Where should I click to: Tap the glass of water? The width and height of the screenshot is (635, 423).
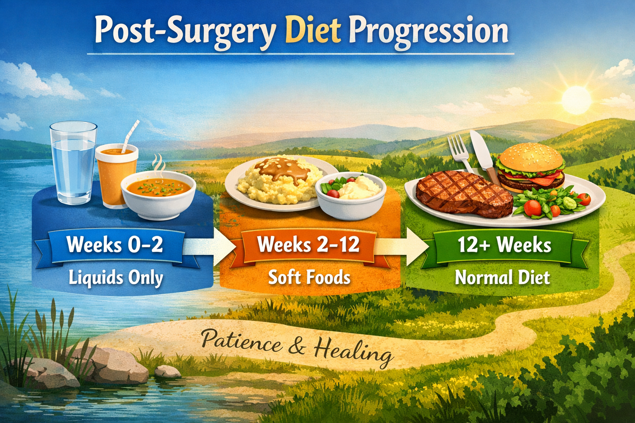(74, 163)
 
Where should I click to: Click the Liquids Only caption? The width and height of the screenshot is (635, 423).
(116, 278)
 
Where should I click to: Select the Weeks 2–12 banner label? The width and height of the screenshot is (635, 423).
(308, 245)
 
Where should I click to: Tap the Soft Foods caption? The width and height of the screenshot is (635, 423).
(309, 277)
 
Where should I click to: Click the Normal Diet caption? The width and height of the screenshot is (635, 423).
(502, 277)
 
